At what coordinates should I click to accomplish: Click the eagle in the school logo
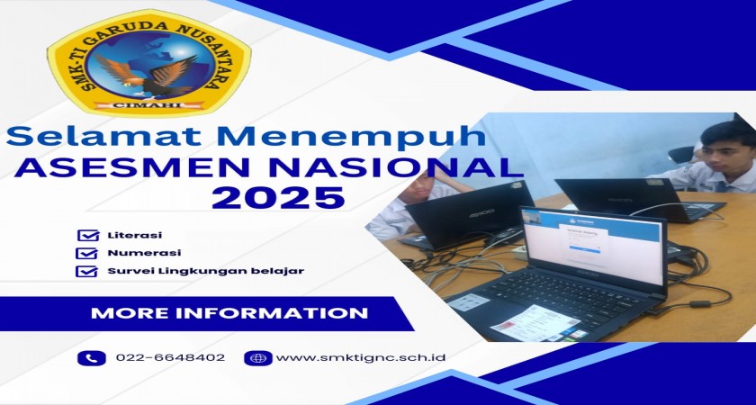point(146,76)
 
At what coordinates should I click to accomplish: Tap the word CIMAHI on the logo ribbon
point(148,105)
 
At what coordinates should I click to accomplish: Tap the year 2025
point(279,197)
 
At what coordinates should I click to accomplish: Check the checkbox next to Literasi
point(88,235)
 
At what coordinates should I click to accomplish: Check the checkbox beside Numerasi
point(86,253)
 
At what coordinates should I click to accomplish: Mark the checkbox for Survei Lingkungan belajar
point(86,271)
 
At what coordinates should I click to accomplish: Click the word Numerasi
point(144,253)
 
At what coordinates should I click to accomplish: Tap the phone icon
point(92,358)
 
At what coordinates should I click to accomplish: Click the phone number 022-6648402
point(170,358)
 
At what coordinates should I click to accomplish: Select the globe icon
point(258,358)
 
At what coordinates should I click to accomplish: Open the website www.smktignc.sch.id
point(361,358)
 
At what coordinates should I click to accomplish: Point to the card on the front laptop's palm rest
point(535,321)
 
